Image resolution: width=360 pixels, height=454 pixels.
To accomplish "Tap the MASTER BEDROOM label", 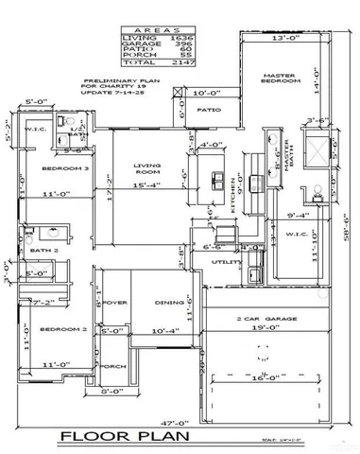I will point(281,79).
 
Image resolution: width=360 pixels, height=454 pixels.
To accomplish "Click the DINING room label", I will point(169,303).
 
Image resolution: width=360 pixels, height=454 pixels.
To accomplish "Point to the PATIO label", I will point(208,110).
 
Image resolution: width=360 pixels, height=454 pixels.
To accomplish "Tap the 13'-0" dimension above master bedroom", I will point(281,38).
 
